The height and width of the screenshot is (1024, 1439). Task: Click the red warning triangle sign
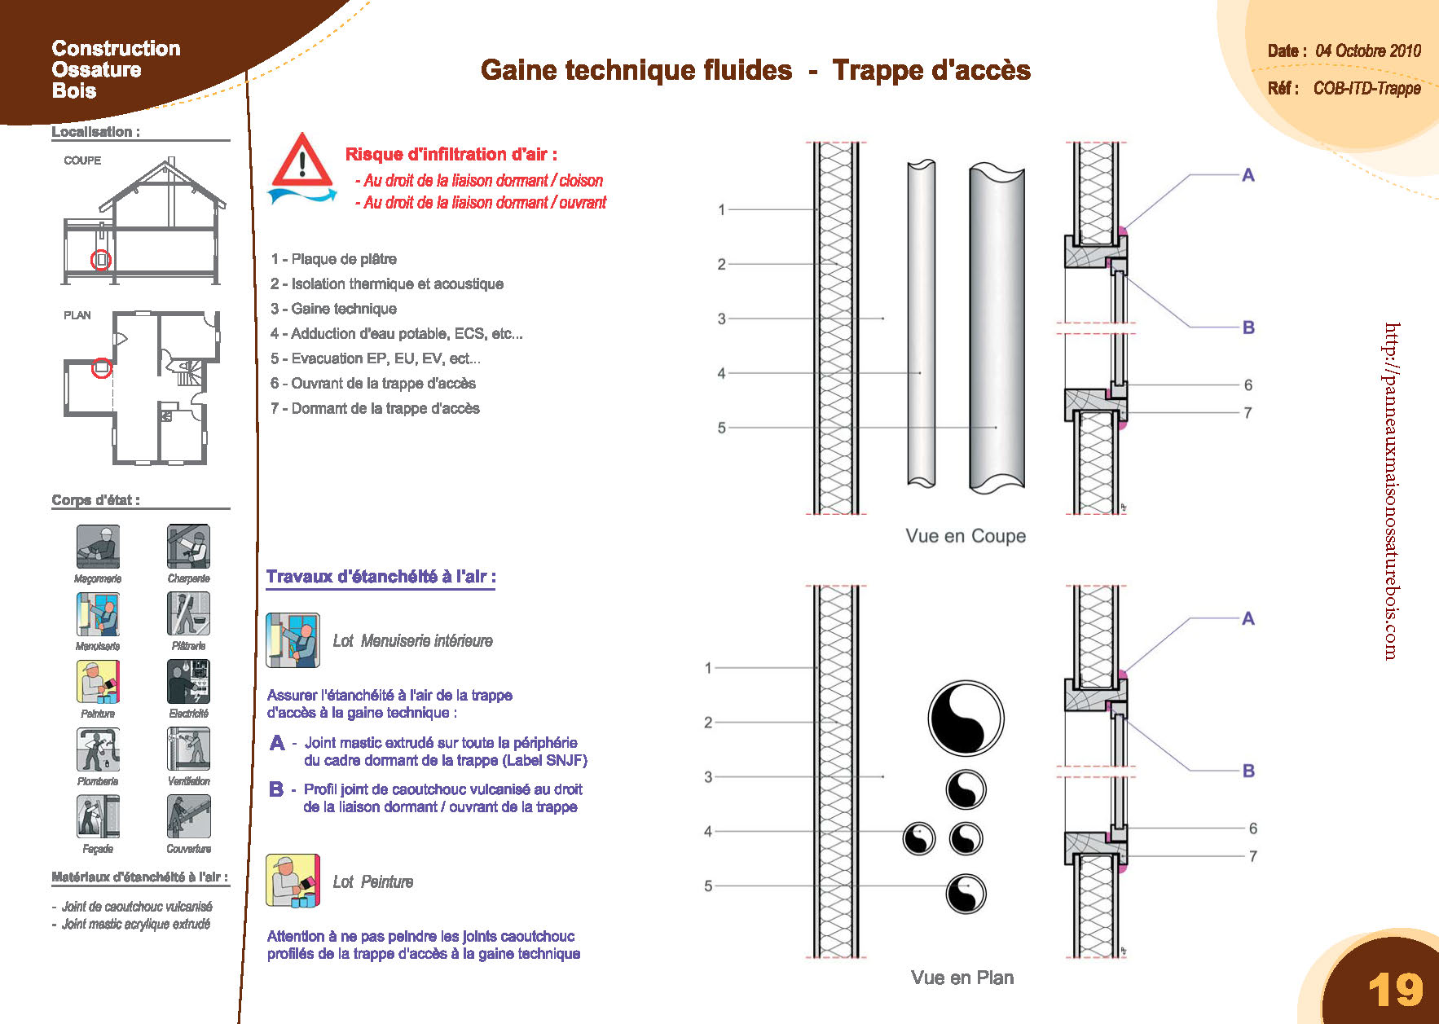pyautogui.click(x=302, y=160)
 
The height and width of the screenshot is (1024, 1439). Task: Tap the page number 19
pyautogui.click(x=1396, y=990)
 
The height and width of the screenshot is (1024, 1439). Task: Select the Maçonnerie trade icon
pyautogui.click(x=98, y=546)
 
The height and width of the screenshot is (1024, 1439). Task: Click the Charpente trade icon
pyautogui.click(x=188, y=546)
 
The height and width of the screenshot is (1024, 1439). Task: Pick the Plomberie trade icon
pyautogui.click(x=98, y=749)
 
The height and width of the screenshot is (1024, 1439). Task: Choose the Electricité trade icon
pyautogui.click(x=188, y=681)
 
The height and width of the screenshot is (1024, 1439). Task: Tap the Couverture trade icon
pyautogui.click(x=188, y=816)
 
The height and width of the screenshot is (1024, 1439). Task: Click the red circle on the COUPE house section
pyautogui.click(x=101, y=260)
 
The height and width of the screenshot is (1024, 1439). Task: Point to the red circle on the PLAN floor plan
pyautogui.click(x=101, y=368)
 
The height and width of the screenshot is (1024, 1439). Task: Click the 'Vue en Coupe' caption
pyautogui.click(x=966, y=536)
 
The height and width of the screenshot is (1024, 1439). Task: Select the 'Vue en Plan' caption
pyautogui.click(x=962, y=978)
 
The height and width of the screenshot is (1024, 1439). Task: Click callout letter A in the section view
pyautogui.click(x=1248, y=175)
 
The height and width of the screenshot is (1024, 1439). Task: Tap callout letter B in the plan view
pyautogui.click(x=1248, y=771)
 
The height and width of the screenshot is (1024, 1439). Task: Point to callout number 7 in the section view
pyautogui.click(x=1248, y=413)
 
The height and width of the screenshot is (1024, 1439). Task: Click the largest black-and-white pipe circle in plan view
pyautogui.click(x=966, y=719)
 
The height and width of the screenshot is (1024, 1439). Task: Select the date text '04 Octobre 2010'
pyautogui.click(x=1368, y=51)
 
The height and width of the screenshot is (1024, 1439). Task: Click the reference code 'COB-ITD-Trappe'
pyautogui.click(x=1367, y=88)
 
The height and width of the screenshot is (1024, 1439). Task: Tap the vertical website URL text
pyautogui.click(x=1391, y=491)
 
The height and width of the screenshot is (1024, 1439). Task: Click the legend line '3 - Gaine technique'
pyautogui.click(x=334, y=309)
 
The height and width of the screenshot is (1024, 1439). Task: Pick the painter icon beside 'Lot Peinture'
pyautogui.click(x=293, y=881)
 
